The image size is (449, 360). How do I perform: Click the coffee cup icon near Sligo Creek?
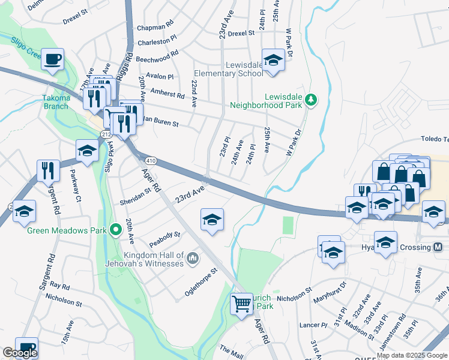click(52, 59)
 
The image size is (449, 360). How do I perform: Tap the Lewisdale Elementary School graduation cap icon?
click(273, 61)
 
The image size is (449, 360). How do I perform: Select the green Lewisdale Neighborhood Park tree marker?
click(311, 98)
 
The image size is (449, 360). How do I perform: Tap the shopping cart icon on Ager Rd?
click(242, 303)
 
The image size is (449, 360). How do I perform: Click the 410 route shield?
click(151, 160)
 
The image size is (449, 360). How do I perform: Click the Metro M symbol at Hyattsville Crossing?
click(438, 247)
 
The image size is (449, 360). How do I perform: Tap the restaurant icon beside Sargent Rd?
click(48, 170)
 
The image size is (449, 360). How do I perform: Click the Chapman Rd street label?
click(155, 28)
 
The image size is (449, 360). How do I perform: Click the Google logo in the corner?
click(20, 353)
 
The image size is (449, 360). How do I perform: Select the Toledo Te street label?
click(435, 139)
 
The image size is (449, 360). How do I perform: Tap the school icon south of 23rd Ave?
click(212, 220)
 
